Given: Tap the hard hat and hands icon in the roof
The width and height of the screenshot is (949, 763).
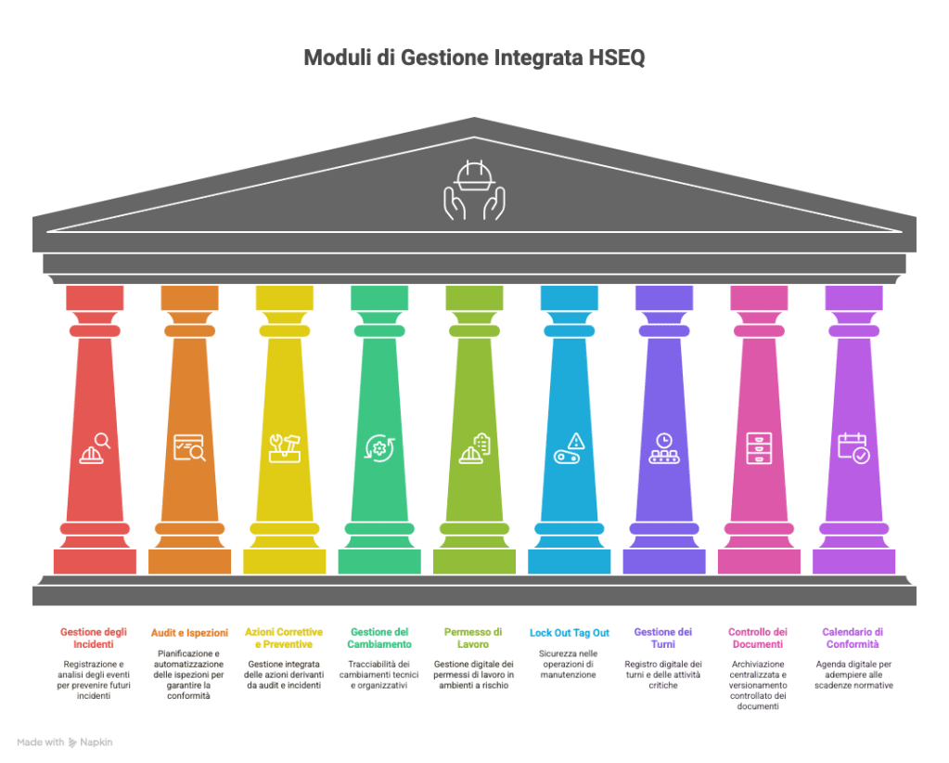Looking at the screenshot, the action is tap(475, 190).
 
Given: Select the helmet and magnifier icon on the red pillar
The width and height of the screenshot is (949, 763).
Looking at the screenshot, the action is tap(95, 448).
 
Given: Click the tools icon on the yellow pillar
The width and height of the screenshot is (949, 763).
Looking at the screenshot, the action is tap(285, 448).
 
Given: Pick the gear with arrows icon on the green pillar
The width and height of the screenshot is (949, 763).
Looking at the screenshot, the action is tap(379, 448).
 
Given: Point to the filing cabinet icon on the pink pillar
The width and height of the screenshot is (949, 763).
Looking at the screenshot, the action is tap(759, 448).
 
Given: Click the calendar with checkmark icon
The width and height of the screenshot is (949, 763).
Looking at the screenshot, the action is tap(853, 448).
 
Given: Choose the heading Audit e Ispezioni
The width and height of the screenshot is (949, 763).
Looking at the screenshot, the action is tap(189, 633).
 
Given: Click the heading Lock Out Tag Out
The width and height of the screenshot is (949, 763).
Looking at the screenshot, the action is tap(569, 633).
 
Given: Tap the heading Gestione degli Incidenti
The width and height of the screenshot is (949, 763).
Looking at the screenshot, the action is tap(94, 639).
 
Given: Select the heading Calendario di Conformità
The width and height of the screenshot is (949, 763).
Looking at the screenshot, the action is tap(853, 639).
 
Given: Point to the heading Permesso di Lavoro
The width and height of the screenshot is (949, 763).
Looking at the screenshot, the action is tap(473, 639).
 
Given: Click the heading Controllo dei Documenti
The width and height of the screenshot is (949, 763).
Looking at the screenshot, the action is tap(758, 639).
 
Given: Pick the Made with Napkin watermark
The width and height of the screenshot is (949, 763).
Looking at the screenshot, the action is tap(65, 743).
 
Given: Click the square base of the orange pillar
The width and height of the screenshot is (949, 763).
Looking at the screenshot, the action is tap(189, 562).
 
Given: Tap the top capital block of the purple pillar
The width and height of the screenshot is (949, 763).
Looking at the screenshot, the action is tap(854, 298).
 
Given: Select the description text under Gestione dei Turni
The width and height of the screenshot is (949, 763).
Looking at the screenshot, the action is tap(663, 675).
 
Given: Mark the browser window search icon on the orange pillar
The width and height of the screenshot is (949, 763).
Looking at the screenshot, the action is tap(189, 448).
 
